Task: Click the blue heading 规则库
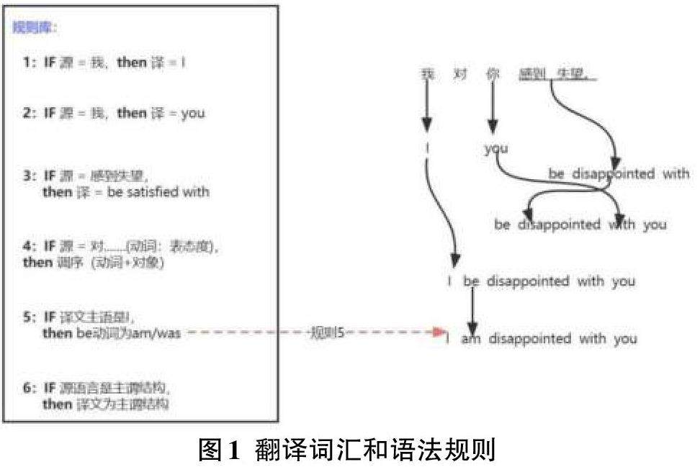[35, 29]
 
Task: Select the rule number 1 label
[28, 63]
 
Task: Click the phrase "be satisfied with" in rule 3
[158, 192]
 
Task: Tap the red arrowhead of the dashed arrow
[440, 332]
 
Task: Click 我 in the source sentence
[428, 74]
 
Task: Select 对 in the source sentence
[460, 74]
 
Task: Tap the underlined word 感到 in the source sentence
[534, 74]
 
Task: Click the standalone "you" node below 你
[495, 149]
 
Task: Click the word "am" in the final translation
[470, 338]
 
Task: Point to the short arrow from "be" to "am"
[472, 309]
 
